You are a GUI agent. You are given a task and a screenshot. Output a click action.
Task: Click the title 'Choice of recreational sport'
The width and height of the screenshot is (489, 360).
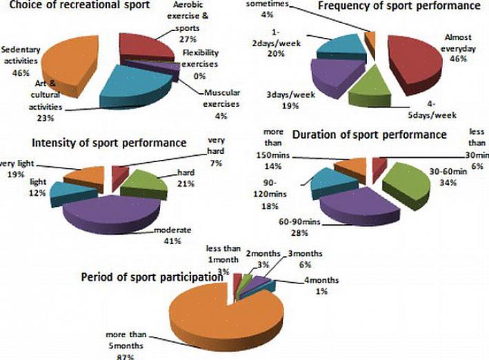pyautogui.click(x=75, y=6)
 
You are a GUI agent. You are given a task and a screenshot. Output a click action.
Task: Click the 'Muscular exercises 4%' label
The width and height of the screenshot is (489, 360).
pyautogui.click(x=221, y=98)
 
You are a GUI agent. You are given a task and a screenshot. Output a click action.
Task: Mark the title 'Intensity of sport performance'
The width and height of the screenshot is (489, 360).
pyautogui.click(x=109, y=143)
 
